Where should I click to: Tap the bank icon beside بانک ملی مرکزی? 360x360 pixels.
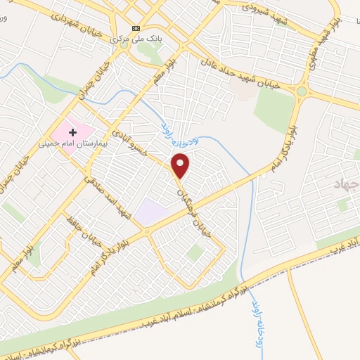136,28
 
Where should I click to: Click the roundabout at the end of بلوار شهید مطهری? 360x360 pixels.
302,91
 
